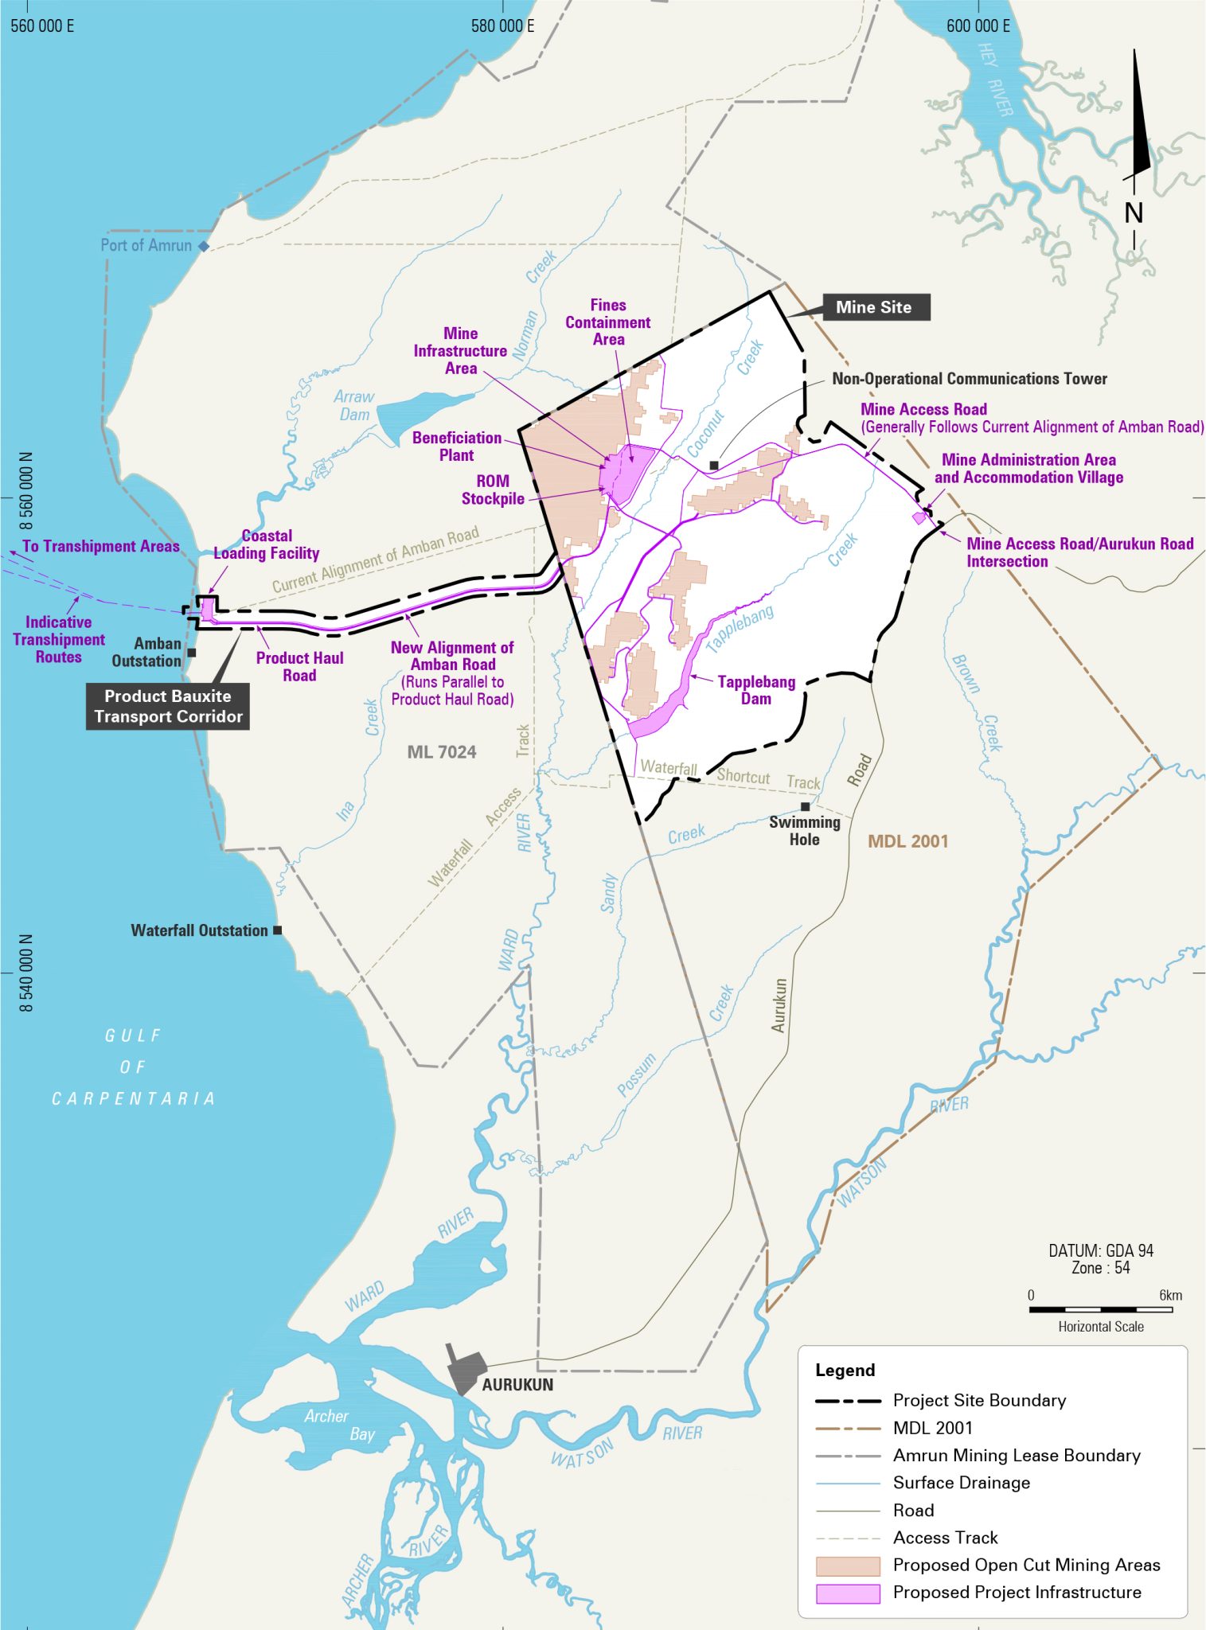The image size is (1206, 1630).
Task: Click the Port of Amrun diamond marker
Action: pos(204,247)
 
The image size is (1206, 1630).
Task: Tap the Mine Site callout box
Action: pos(873,307)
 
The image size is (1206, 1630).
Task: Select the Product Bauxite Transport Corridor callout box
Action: pos(168,706)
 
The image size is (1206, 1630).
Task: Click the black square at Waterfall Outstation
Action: pos(277,930)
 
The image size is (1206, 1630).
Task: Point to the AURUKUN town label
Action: pos(517,1385)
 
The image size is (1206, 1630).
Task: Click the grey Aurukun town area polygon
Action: pos(466,1369)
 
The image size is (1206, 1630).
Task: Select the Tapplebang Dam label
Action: pos(755,690)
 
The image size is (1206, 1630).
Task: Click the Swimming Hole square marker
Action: pos(805,806)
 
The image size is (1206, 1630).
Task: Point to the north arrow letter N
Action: pos(1134,213)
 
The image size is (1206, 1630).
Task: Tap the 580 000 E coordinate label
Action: pos(502,25)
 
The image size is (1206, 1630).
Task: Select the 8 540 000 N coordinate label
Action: pos(26,973)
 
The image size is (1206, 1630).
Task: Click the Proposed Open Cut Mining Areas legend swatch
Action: pos(848,1566)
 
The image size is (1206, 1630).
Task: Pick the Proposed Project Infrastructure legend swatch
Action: pos(848,1593)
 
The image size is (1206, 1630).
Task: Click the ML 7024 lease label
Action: pos(441,752)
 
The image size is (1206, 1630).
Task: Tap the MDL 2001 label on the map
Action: pos(907,841)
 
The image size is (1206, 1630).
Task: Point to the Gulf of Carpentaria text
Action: pos(133,1067)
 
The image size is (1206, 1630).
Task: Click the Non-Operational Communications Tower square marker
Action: pos(714,466)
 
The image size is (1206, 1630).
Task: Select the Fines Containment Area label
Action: pos(608,322)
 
